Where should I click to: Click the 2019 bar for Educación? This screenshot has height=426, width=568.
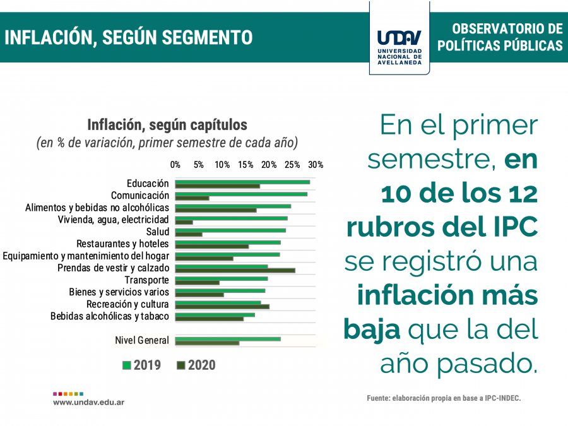(242, 182)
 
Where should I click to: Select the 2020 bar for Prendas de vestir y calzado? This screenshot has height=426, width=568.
(235, 270)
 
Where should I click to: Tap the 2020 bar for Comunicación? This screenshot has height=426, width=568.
(192, 198)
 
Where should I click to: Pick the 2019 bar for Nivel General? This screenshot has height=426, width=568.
(228, 339)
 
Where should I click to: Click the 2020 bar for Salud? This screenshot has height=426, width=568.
(189, 234)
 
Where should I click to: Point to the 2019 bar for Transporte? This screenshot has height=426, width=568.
(222, 278)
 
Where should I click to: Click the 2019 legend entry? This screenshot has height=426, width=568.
(143, 365)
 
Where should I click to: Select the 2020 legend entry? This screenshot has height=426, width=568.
(196, 365)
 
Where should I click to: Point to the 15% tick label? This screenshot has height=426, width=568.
(246, 165)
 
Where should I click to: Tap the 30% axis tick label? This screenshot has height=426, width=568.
(316, 165)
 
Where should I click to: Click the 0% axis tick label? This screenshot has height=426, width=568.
(175, 165)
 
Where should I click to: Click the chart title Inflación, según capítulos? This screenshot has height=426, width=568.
(167, 124)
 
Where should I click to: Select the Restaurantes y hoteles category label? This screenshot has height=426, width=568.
(122, 244)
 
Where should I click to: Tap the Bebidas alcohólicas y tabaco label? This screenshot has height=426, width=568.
(110, 316)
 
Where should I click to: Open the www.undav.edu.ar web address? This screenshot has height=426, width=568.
(88, 402)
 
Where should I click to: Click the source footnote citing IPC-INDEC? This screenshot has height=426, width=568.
(444, 398)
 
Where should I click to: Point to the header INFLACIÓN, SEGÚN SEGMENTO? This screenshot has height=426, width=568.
(128, 37)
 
